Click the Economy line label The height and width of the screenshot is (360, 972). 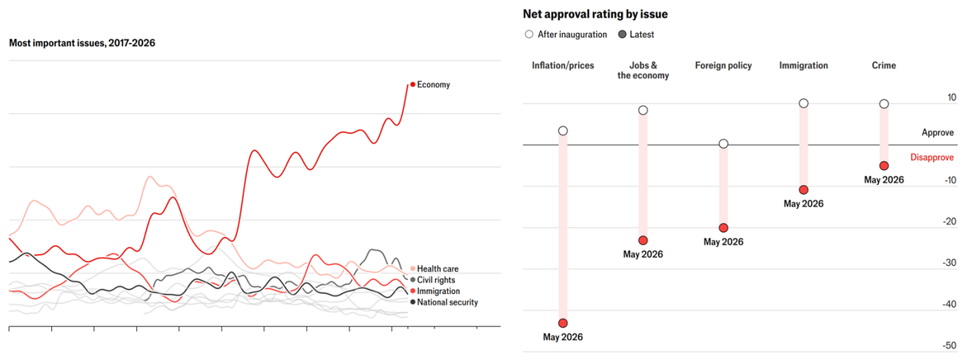tap(433, 84)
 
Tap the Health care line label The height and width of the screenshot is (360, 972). tap(437, 269)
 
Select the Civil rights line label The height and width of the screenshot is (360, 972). tap(436, 280)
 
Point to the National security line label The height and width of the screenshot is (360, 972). tap(447, 303)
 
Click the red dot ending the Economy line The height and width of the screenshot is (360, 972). tap(413, 84)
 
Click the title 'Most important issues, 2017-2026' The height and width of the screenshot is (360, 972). tap(82, 43)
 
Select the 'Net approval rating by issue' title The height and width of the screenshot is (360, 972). tap(595, 15)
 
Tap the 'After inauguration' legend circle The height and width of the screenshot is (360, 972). tap(529, 34)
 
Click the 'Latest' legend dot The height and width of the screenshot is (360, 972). tap(622, 34)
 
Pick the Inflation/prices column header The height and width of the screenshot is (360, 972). tap(563, 66)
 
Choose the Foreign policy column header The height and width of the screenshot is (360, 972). tap(723, 66)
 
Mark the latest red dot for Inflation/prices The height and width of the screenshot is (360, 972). tap(563, 323)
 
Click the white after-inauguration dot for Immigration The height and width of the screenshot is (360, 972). tap(803, 103)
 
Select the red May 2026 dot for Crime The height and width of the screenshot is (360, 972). tap(884, 165)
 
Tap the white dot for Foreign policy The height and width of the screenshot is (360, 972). tap(723, 143)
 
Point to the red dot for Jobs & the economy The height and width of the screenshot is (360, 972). tap(643, 241)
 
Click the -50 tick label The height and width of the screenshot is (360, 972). tap(949, 345)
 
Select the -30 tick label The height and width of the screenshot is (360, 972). tap(949, 263)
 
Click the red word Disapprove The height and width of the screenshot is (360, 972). tap(931, 158)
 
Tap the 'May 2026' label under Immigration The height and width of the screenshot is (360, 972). tap(803, 204)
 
